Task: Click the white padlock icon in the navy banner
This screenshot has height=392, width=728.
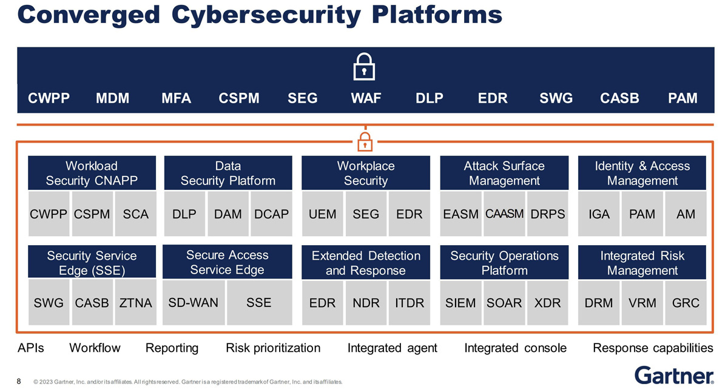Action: click(x=363, y=66)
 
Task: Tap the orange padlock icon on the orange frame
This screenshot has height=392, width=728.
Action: click(x=364, y=141)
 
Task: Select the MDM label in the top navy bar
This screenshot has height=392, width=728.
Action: click(x=113, y=98)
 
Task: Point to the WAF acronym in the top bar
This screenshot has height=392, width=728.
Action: click(x=366, y=98)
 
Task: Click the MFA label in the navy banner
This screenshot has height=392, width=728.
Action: click(x=176, y=98)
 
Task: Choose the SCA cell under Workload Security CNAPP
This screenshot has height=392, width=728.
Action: click(x=135, y=214)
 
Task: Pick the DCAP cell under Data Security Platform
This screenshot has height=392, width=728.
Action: click(x=271, y=214)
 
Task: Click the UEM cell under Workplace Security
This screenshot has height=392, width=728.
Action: click(x=322, y=214)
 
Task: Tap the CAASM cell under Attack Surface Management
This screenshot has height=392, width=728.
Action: click(x=504, y=214)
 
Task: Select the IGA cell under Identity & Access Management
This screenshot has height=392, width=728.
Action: click(x=599, y=214)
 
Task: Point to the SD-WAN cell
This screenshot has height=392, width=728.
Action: click(x=193, y=302)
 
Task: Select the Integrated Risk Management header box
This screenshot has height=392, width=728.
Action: click(x=642, y=263)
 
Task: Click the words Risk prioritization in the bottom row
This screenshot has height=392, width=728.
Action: click(x=273, y=348)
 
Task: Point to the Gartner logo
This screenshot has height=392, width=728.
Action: click(x=673, y=375)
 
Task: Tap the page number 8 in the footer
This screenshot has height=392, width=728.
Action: click(x=19, y=382)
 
